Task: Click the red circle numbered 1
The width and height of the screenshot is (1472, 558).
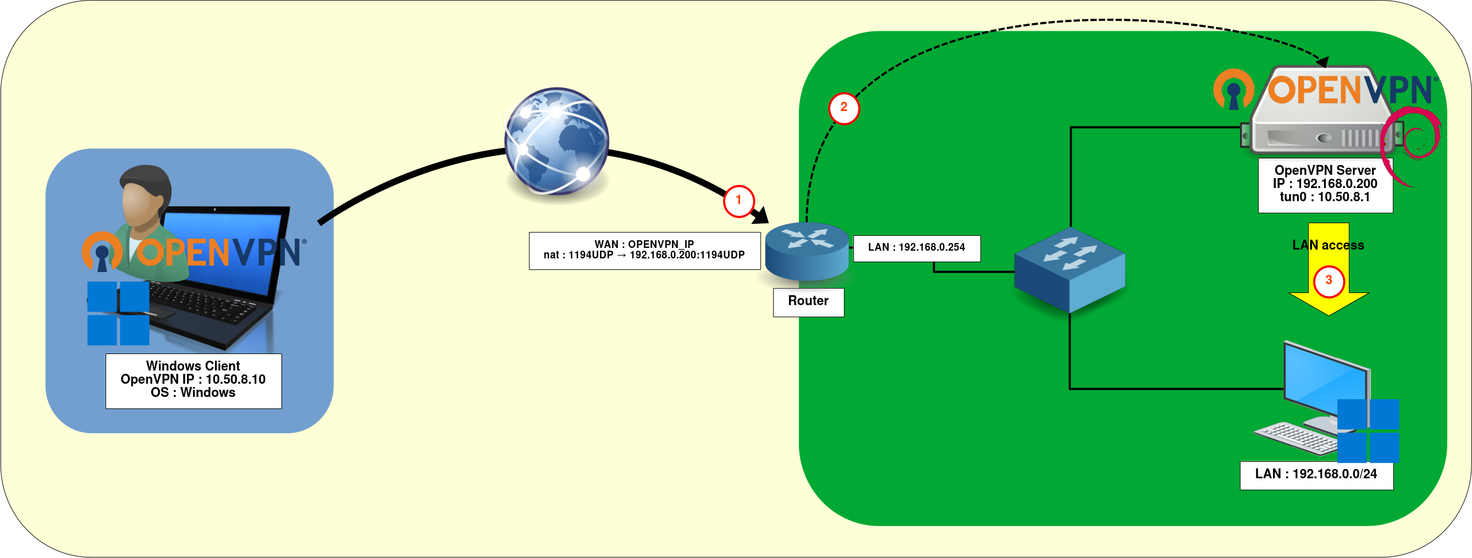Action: (738, 201)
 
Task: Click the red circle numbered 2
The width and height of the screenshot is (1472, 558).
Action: (843, 108)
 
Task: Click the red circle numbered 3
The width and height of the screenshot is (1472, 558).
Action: (1328, 280)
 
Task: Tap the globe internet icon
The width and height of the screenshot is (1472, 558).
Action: (556, 141)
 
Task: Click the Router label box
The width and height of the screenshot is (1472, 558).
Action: (808, 302)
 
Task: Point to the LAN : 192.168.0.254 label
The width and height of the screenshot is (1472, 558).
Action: (917, 248)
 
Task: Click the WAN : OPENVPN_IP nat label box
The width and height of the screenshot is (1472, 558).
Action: (644, 250)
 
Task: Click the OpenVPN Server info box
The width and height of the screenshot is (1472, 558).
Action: (1325, 185)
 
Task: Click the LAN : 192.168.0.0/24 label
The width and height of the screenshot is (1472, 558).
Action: (1316, 474)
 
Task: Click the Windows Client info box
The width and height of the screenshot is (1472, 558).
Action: (193, 380)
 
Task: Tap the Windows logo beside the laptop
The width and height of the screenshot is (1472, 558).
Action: (118, 313)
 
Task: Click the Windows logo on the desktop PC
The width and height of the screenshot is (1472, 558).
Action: (1368, 430)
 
